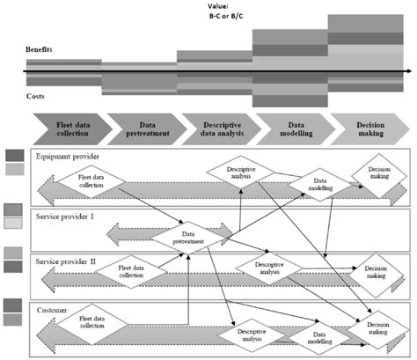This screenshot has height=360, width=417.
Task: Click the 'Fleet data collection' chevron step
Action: (72, 130)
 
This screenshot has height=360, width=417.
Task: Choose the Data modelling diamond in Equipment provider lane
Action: (311, 182)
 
